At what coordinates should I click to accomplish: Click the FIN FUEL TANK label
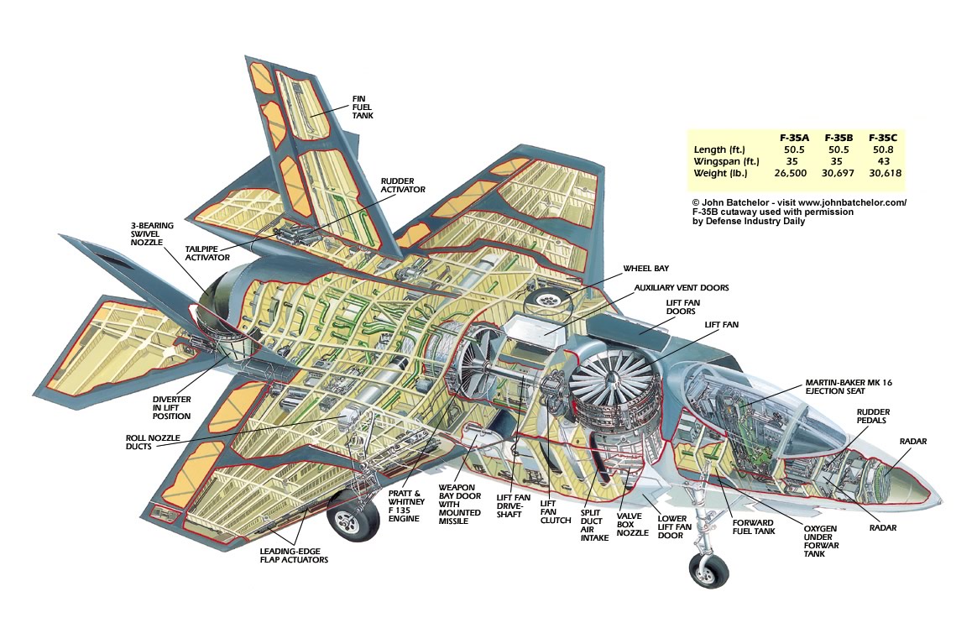coord(363,108)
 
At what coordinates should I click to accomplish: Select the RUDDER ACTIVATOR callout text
coord(403,185)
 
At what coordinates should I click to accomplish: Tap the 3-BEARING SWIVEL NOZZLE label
coord(151,234)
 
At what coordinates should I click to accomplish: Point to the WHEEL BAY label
coord(645,270)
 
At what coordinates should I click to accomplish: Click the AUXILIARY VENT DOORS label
coord(682,287)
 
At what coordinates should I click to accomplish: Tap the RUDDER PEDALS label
coord(873,416)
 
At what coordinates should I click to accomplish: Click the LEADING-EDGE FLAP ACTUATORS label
coord(294,555)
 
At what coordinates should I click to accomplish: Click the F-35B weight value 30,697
coord(839,173)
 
